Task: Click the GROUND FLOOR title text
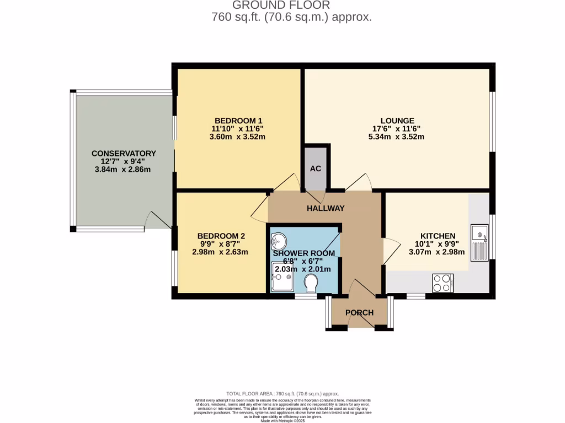tap(281, 6)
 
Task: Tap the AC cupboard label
tap(316, 169)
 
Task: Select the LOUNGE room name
tap(397, 121)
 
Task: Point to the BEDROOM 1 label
tap(238, 121)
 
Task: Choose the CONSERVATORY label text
tap(124, 153)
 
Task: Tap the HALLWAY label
tap(326, 208)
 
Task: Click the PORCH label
tap(359, 312)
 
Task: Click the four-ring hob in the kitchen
tap(443, 283)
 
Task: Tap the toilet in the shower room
tap(311, 283)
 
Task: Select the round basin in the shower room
tap(279, 241)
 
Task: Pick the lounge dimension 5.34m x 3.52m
tap(397, 137)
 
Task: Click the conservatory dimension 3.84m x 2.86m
tap(122, 170)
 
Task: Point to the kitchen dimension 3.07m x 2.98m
tap(436, 252)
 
